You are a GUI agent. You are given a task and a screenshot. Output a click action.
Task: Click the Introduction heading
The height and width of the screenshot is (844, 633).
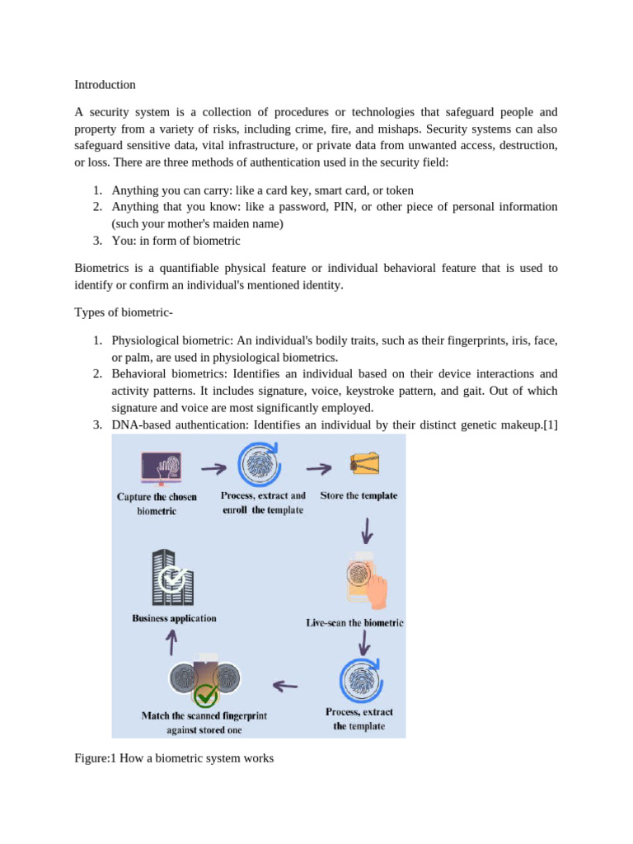(105, 85)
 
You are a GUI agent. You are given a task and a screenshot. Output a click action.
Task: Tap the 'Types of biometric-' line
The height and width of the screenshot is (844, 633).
(117, 312)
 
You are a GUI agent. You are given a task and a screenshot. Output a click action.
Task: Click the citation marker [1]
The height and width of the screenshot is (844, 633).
(548, 424)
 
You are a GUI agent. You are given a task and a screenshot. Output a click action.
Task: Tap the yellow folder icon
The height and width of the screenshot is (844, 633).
(363, 465)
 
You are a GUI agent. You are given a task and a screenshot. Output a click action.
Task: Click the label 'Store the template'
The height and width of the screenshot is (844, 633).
(359, 496)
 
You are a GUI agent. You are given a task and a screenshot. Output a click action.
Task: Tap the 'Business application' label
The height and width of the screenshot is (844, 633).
(174, 618)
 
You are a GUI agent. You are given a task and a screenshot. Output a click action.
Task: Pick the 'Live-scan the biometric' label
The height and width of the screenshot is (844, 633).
(354, 623)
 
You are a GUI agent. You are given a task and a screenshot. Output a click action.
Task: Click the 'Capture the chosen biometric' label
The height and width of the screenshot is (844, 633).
(157, 504)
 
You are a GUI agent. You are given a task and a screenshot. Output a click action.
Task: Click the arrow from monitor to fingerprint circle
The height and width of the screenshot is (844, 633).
(214, 469)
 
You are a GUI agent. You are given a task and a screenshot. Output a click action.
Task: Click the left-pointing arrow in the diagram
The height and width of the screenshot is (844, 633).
(284, 684)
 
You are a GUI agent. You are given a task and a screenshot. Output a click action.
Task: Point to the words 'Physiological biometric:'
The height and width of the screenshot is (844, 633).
(168, 340)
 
